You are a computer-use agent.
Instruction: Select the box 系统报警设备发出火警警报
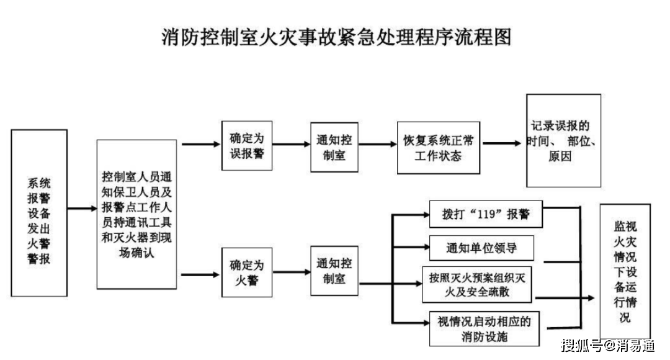tap(38, 213)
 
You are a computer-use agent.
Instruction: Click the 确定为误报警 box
tap(246, 145)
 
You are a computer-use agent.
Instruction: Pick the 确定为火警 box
tap(246, 272)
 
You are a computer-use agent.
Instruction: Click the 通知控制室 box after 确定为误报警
tap(335, 146)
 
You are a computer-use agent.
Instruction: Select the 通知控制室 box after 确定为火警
tap(335, 271)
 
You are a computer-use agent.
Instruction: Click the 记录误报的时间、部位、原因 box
tap(563, 140)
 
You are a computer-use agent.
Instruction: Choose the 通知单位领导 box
tap(481, 248)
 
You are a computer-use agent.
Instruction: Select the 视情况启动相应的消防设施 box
tap(484, 328)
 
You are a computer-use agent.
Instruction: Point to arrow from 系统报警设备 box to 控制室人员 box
tap(82, 209)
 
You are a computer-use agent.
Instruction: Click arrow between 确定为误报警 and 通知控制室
tap(292, 145)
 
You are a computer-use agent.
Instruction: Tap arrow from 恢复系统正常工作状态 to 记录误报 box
tap(502, 143)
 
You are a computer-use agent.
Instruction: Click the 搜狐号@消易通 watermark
tap(608, 344)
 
